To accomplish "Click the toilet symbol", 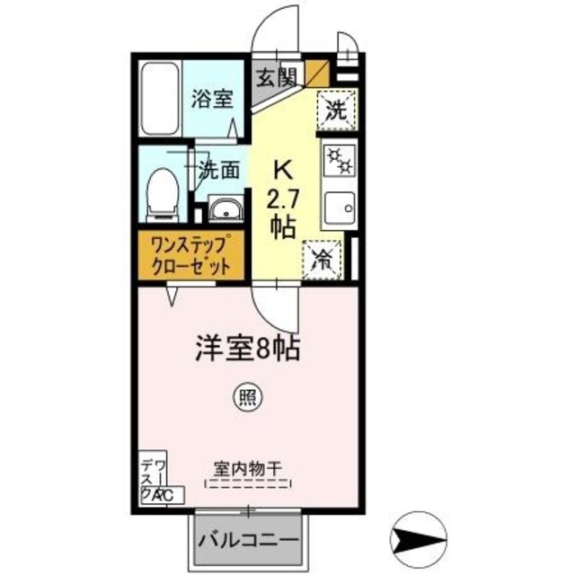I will point(162,192).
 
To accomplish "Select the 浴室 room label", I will point(212,98).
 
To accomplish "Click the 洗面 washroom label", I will point(218,168).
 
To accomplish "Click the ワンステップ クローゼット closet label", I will point(189,254).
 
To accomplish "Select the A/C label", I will point(168,495).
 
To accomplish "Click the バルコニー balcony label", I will point(249,540).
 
